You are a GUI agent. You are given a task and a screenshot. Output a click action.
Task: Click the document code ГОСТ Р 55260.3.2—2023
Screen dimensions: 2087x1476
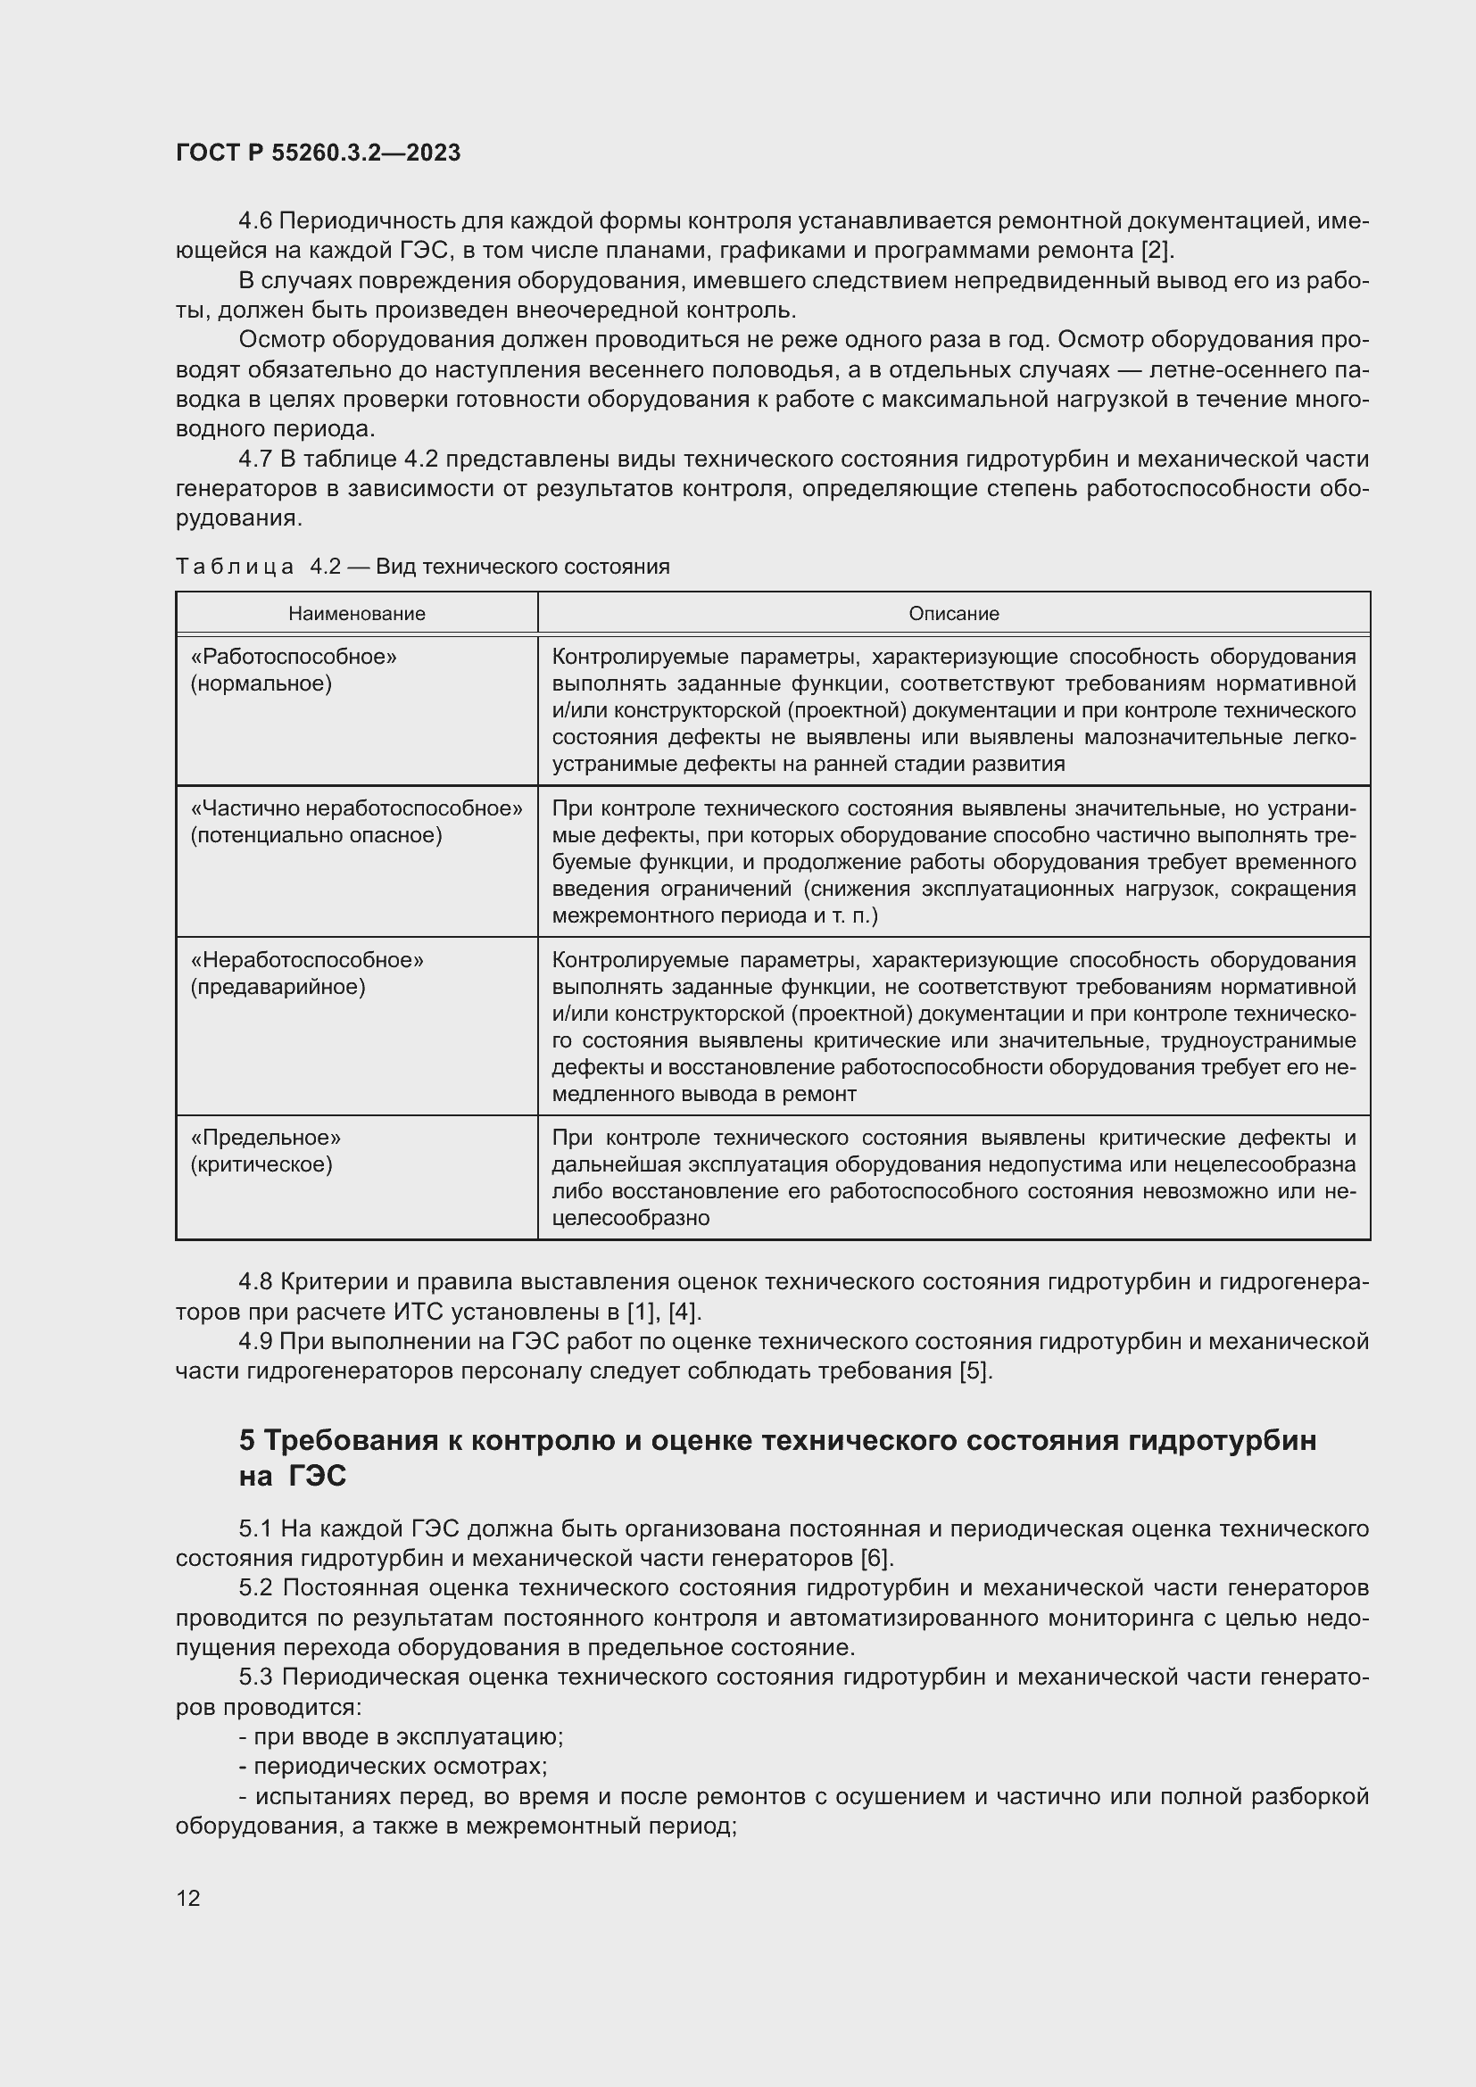coord(318,153)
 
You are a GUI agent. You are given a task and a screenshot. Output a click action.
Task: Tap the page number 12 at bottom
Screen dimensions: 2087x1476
coord(188,1897)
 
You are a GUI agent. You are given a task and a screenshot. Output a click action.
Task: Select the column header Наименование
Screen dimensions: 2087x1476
coord(356,614)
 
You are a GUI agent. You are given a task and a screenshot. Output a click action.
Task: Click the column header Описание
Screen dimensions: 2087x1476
coord(953,614)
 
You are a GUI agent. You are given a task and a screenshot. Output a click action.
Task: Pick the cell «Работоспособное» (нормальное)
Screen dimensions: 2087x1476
coord(294,670)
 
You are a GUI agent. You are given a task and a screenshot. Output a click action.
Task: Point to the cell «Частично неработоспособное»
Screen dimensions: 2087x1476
coord(356,809)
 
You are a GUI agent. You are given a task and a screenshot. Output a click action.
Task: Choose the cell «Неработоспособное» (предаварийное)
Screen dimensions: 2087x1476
coord(306,973)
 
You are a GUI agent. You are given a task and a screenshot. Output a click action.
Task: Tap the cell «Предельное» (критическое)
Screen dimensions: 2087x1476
coord(265,1151)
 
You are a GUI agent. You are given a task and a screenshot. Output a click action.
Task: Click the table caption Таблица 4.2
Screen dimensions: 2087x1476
coord(422,567)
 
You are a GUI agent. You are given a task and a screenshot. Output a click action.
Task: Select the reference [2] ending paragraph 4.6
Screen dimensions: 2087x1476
coord(1156,251)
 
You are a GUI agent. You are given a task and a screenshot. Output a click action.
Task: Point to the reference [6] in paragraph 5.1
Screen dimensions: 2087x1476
coord(876,1558)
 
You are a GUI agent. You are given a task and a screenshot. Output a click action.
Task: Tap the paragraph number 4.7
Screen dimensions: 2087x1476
coord(257,459)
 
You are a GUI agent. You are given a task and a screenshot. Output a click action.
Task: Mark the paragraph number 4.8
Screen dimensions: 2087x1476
coord(255,1281)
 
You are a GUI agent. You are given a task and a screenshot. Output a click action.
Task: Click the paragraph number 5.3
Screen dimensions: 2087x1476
coord(257,1677)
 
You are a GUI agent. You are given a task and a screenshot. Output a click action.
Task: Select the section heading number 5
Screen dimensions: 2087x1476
coord(247,1441)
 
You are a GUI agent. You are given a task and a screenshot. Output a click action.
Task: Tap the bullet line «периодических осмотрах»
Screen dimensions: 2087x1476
coord(393,1766)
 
